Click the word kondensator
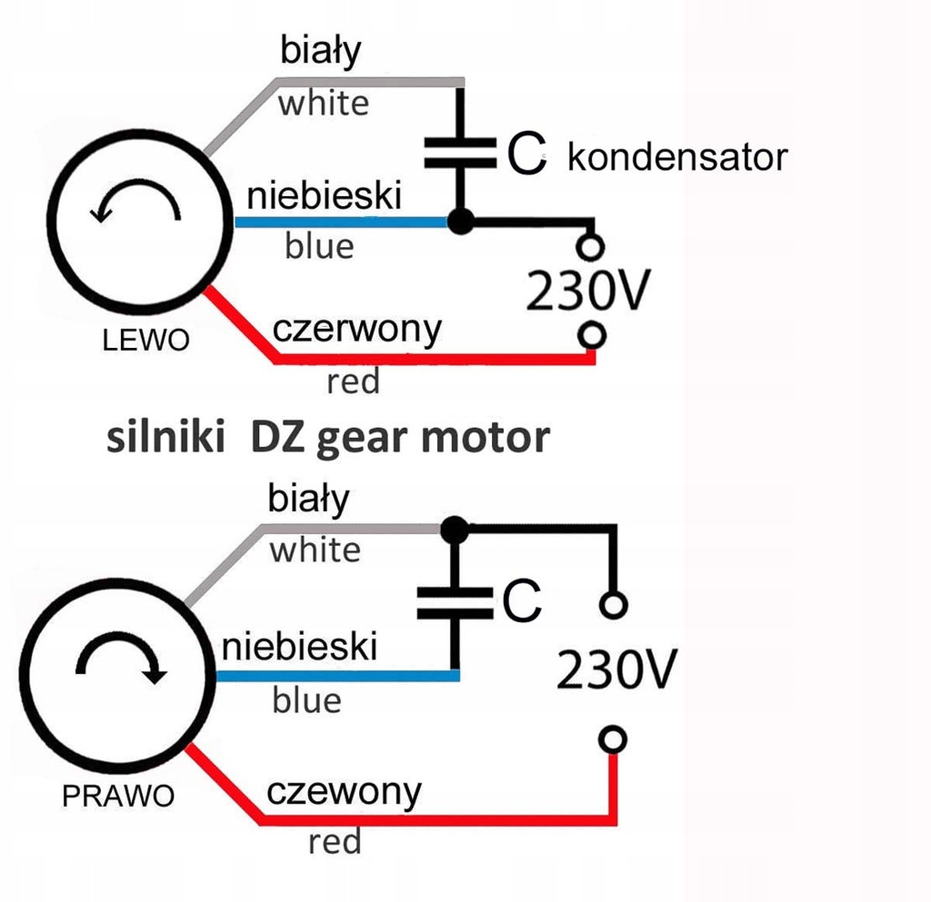677,157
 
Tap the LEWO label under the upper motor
146,341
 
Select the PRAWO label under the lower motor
118,796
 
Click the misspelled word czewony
344,792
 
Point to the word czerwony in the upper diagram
356,330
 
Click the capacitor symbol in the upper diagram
460,153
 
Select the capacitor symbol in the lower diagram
455,603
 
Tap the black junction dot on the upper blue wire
460,222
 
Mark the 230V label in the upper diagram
588,291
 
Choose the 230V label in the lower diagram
616,669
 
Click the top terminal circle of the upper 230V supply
590,247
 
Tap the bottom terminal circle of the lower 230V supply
613,740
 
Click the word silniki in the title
165,438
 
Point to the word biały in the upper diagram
320,51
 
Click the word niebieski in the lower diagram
299,647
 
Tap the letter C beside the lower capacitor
522,600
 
